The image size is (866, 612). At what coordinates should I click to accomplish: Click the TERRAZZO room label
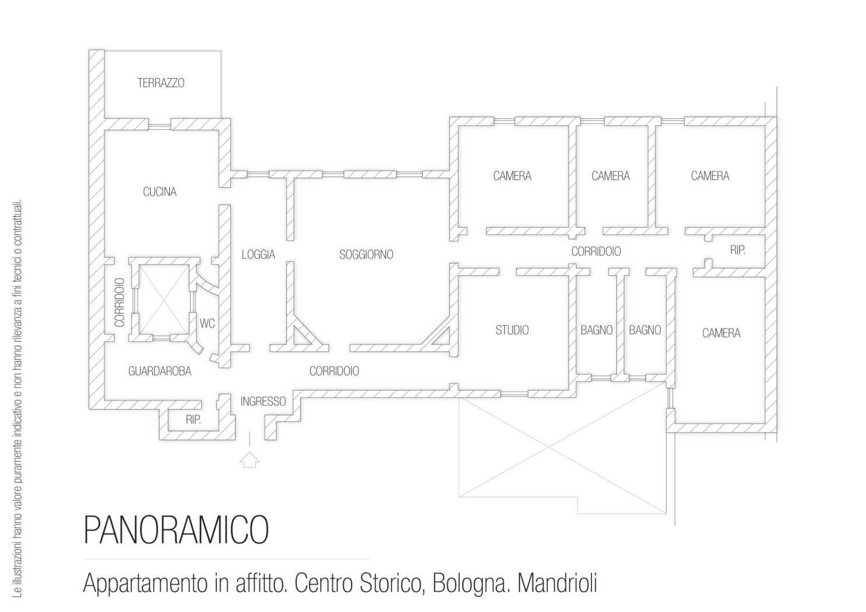point(161,83)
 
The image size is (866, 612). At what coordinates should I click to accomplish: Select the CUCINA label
point(160,192)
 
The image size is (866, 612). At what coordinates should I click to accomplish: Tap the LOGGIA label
point(258,255)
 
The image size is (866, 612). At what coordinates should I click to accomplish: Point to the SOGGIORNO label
point(366,255)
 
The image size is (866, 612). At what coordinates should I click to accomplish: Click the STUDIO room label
point(512,330)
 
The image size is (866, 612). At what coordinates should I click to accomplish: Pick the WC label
point(207,323)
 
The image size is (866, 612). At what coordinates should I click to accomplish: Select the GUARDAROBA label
point(160,371)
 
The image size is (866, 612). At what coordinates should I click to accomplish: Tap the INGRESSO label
point(263,402)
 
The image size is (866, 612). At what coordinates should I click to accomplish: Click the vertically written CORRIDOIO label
point(120,302)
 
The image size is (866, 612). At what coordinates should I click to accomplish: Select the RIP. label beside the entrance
point(194,420)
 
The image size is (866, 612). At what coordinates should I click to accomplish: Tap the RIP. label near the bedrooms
point(737,251)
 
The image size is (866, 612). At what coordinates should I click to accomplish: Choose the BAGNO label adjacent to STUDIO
point(596,330)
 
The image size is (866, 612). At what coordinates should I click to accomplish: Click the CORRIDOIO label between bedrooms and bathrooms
point(596,252)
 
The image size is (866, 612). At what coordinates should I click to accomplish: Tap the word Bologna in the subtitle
point(461,583)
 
